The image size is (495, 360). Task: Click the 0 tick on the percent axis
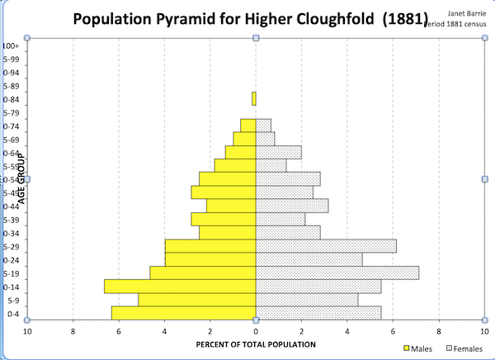click(256, 331)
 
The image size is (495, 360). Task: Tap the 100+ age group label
click(11, 47)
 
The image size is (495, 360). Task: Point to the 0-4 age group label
click(12, 314)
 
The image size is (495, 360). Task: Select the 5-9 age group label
click(12, 300)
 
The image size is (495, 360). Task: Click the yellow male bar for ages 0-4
click(183, 312)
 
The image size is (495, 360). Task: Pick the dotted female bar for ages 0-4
click(318, 312)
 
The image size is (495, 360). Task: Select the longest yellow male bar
click(180, 286)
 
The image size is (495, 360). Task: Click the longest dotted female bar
click(337, 272)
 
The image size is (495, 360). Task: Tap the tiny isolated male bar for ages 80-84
click(253, 99)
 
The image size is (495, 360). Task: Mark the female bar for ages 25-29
click(326, 246)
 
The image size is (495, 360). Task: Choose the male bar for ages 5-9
click(196, 299)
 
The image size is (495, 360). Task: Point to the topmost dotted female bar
click(263, 126)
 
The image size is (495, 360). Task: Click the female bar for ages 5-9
click(307, 299)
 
